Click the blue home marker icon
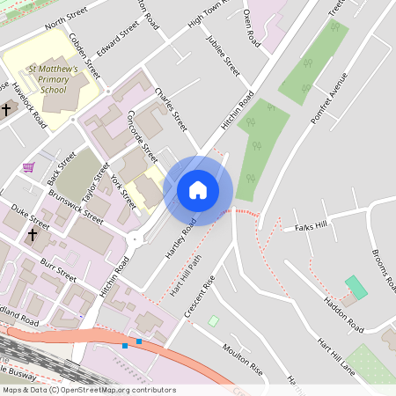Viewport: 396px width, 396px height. (x=198, y=190)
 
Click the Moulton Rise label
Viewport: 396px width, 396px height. (x=242, y=360)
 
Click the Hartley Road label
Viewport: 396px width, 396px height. (x=180, y=238)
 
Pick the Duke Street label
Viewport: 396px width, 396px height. (x=32, y=216)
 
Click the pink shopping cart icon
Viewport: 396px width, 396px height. (x=29, y=166)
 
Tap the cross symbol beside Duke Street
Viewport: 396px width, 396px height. (x=33, y=235)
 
